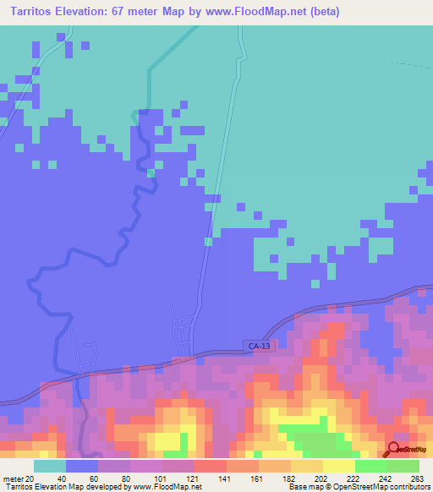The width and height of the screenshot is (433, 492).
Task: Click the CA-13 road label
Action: pos(261,346)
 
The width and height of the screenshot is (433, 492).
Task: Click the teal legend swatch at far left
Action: pos(49,466)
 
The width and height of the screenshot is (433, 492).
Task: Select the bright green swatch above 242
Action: pos(370,466)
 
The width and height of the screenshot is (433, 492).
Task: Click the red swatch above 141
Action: pos(210,466)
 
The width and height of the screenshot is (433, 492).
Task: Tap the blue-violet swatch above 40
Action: pos(81,466)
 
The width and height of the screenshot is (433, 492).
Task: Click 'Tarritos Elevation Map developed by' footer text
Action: pos(63,487)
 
